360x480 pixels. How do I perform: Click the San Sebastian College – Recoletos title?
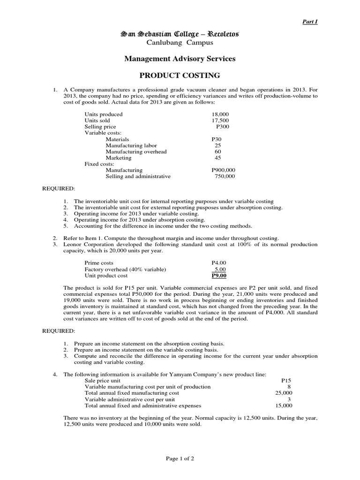point(180,34)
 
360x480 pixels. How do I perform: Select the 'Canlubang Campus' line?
point(180,43)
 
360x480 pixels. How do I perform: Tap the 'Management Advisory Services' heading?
point(180,59)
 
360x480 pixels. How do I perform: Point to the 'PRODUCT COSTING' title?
point(180,75)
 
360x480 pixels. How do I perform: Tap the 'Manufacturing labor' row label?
point(131,145)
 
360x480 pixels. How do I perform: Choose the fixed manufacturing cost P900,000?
point(224,170)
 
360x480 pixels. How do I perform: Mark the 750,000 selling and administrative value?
point(225,177)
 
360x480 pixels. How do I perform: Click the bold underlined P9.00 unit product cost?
point(219,276)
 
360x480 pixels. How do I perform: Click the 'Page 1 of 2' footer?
point(180,459)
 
